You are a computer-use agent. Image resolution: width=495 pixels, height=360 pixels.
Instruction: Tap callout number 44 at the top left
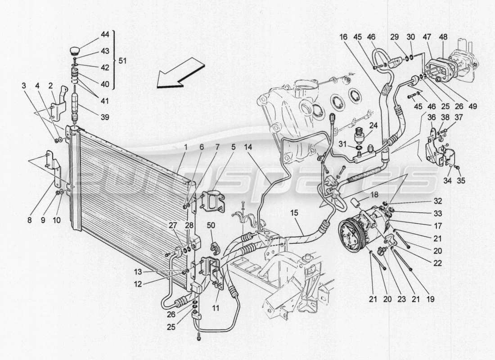click(105, 34)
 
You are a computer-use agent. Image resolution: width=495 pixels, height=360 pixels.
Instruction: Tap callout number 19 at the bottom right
click(430, 298)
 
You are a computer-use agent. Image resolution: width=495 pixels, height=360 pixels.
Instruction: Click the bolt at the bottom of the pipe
click(198, 338)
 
